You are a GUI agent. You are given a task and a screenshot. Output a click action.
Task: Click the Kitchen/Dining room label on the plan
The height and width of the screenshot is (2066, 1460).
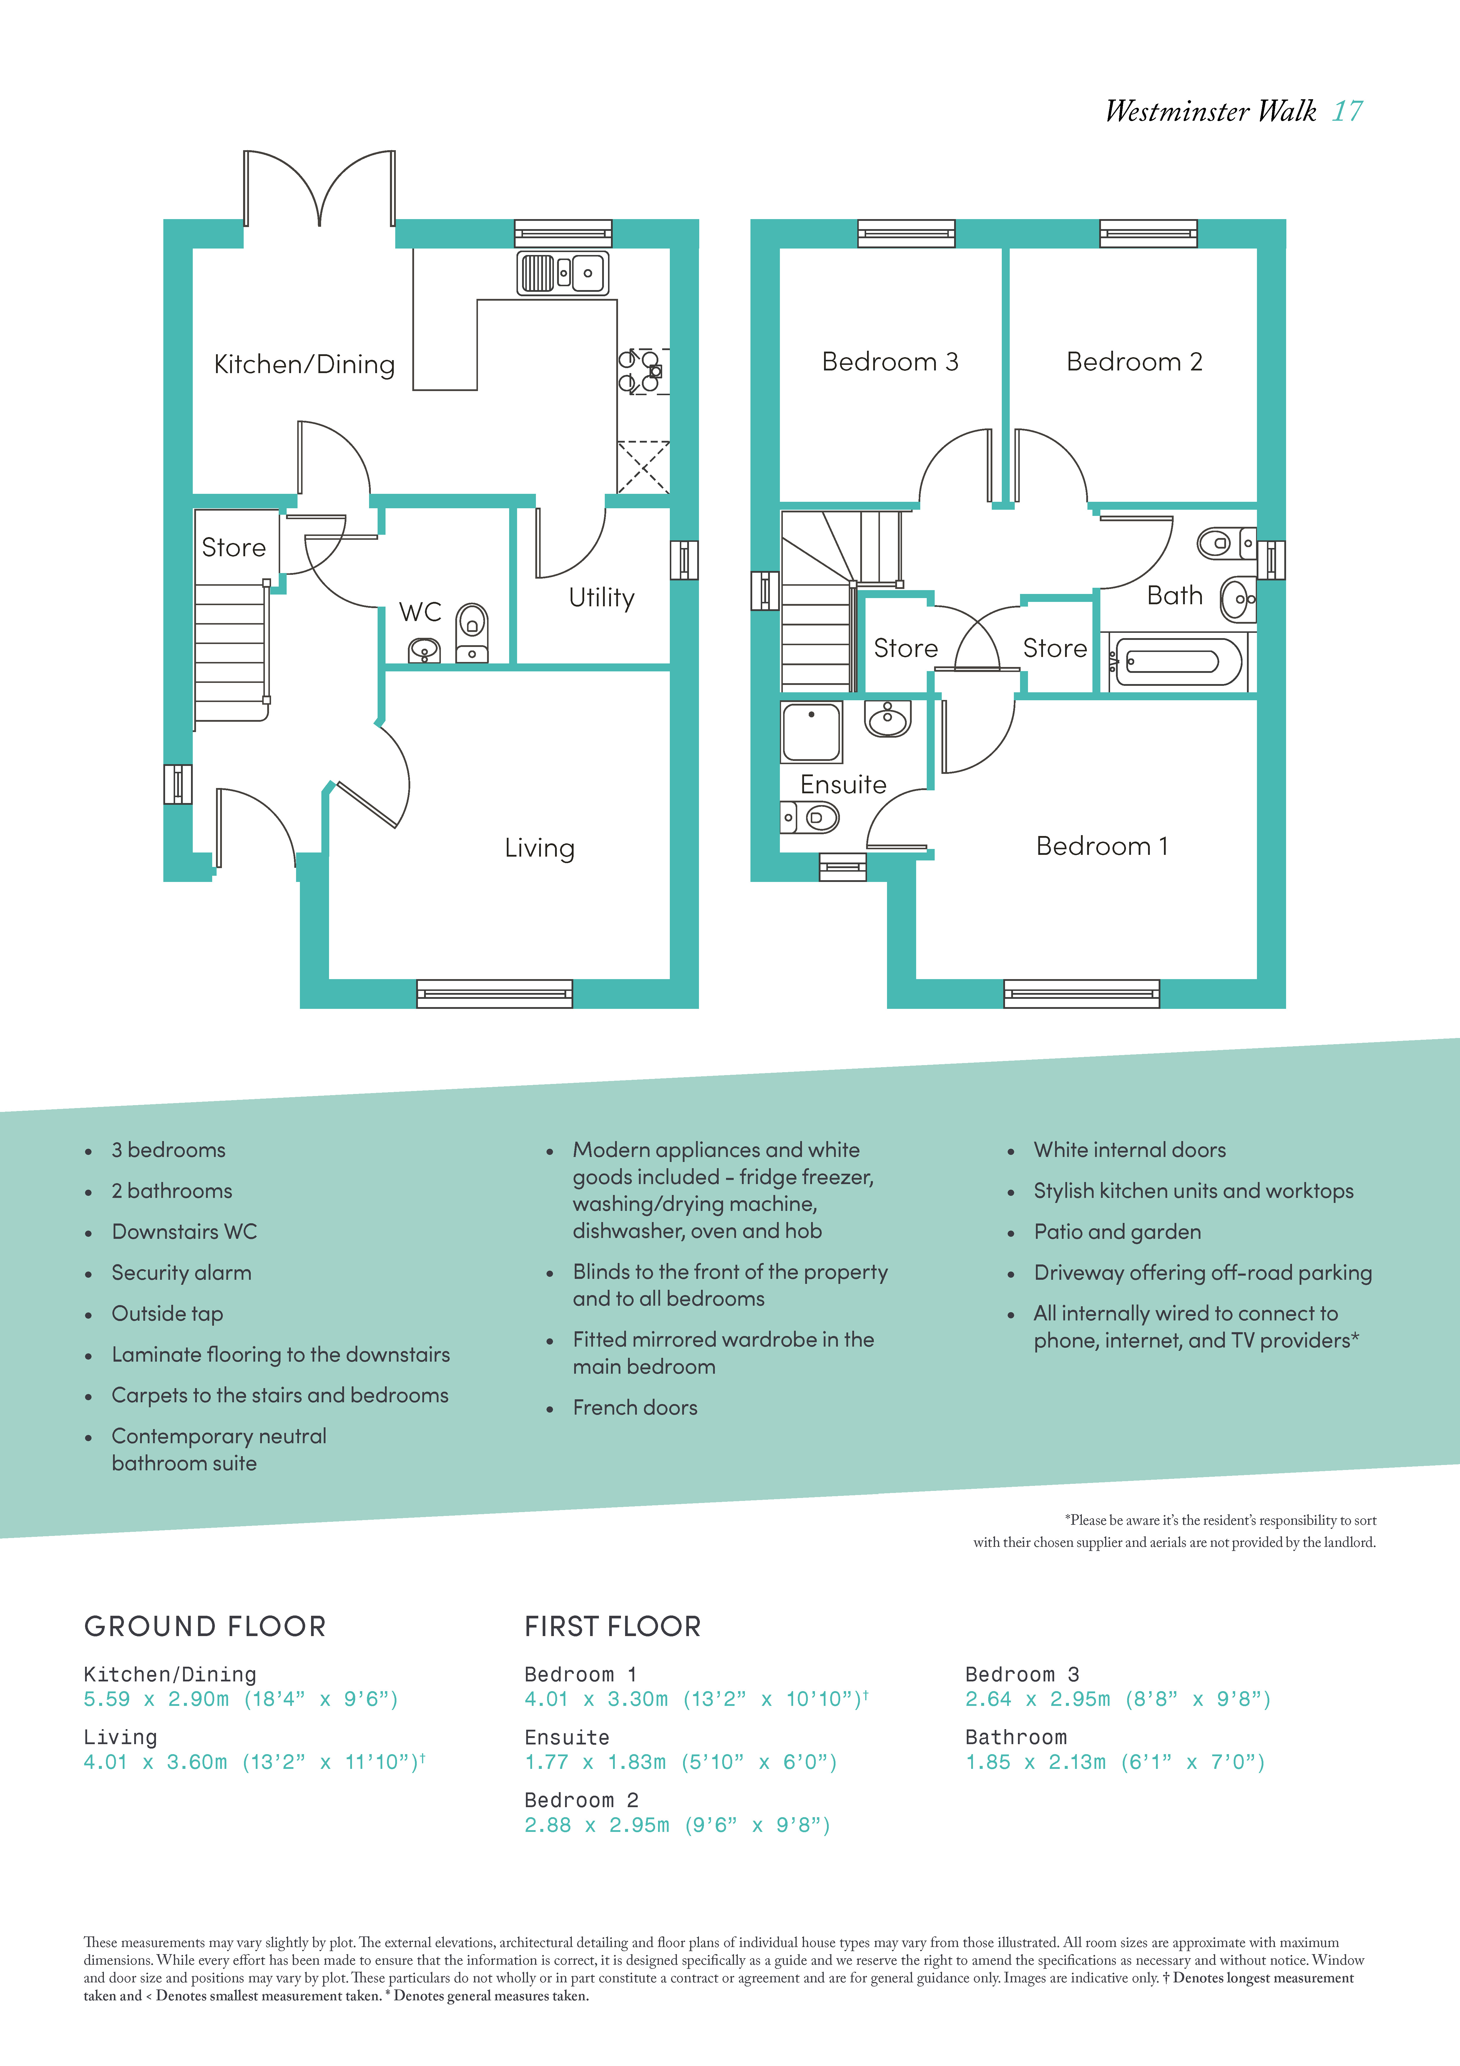point(304,365)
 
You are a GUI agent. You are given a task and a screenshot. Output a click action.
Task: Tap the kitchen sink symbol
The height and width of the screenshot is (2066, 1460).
point(563,273)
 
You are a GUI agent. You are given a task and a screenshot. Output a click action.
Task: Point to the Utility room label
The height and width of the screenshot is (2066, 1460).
point(602,597)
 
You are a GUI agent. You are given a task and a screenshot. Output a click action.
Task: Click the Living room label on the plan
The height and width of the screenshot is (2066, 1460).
point(540,848)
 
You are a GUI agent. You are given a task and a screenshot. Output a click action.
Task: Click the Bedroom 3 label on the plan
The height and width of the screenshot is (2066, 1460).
point(891,362)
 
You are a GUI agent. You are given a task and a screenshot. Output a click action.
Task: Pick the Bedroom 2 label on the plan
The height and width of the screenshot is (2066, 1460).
point(1134,362)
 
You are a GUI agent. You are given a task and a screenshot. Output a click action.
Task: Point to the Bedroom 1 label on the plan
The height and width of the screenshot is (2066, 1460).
point(1102,846)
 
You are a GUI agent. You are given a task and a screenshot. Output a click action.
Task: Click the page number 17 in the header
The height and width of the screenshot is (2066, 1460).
point(1348,112)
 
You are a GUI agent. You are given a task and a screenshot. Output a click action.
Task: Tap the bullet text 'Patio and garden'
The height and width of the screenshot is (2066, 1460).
point(1117,1232)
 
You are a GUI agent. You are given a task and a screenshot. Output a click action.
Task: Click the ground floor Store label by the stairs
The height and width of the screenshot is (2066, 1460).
point(234,547)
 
